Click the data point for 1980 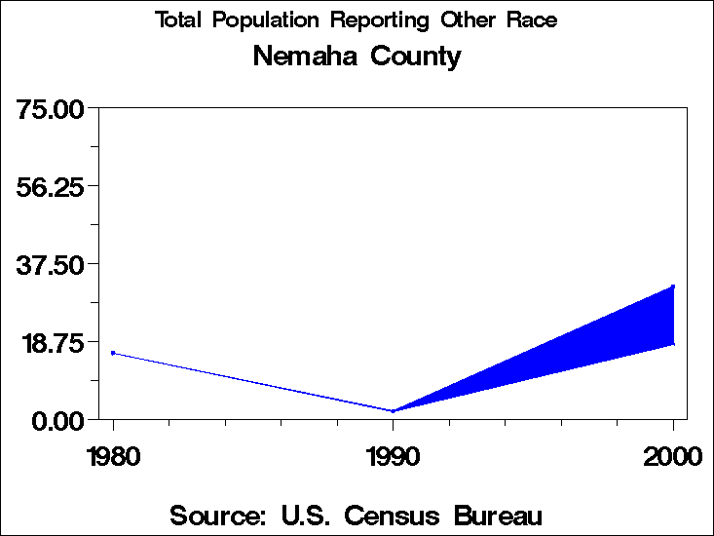point(113,353)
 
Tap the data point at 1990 point(393,411)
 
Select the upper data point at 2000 point(673,287)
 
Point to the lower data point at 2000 point(673,343)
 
